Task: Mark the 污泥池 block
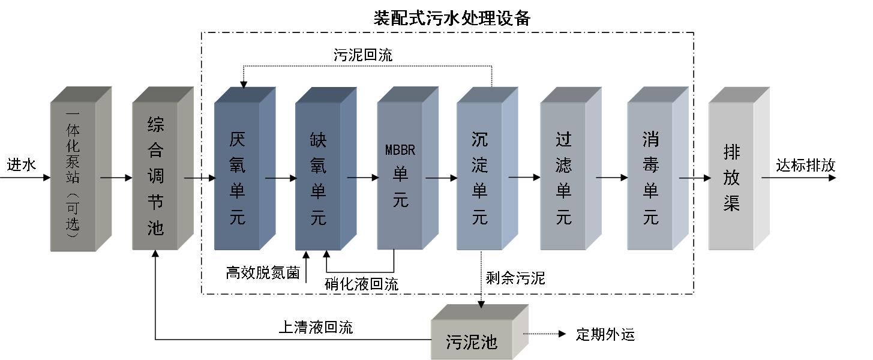click(472, 342)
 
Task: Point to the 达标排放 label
click(805, 165)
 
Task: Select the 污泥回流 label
click(363, 55)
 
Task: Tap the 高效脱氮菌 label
click(262, 273)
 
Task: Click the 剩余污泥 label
click(515, 278)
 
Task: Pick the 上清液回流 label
click(316, 327)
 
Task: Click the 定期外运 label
click(605, 334)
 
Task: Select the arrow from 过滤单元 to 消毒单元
click(612, 178)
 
